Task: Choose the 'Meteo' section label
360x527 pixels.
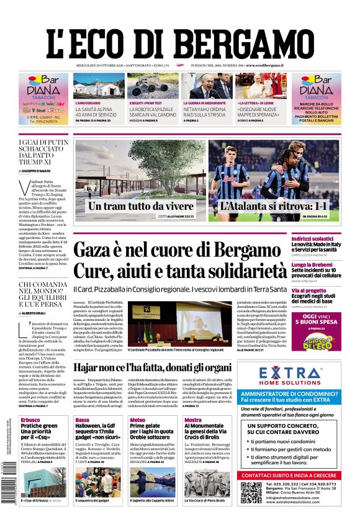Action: [x=137, y=420]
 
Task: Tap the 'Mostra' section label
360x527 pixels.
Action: [x=192, y=420]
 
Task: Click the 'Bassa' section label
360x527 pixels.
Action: [x=82, y=420]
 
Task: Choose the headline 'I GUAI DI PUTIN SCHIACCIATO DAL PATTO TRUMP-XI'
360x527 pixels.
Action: [x=43, y=153]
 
